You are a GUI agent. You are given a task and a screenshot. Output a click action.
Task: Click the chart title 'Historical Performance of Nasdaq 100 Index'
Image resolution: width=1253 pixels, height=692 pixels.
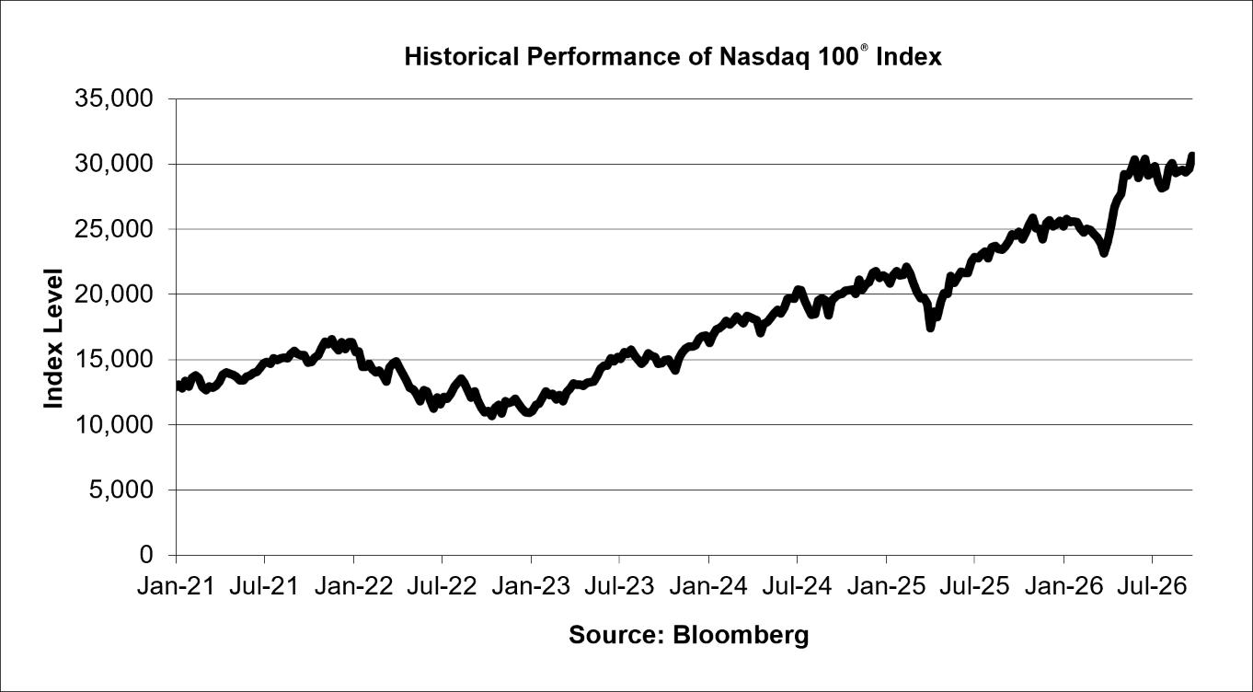[x=672, y=57]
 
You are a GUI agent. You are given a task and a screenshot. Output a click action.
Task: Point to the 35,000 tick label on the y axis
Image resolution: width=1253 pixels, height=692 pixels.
[x=114, y=98]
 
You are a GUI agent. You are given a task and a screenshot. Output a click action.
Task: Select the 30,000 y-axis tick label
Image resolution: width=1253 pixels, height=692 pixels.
[x=114, y=164]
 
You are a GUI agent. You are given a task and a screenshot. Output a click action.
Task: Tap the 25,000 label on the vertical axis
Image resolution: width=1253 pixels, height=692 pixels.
[x=114, y=229]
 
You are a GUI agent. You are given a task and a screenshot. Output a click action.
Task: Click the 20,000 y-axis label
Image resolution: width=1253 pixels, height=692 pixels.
[x=114, y=294]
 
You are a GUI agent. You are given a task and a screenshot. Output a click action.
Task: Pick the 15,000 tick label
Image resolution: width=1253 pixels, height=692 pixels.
[x=114, y=359]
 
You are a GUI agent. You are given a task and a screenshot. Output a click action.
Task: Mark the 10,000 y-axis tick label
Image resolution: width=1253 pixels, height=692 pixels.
[x=114, y=424]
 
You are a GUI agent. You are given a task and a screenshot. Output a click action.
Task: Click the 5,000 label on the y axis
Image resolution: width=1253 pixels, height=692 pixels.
[x=121, y=490]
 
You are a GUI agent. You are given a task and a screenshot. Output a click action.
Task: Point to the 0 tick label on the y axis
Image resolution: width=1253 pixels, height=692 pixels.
[x=146, y=554]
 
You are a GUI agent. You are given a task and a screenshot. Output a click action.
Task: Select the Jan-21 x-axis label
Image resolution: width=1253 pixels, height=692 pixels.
[x=177, y=586]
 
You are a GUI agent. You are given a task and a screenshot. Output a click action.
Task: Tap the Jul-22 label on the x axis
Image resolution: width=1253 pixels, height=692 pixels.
[x=442, y=586]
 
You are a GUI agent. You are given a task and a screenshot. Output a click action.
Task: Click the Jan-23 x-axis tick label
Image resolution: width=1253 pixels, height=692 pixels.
[x=531, y=586]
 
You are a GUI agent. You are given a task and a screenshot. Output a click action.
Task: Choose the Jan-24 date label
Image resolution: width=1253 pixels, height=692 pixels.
[x=708, y=586]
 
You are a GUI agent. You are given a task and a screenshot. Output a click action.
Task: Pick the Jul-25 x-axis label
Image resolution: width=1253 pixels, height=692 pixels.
[x=974, y=586]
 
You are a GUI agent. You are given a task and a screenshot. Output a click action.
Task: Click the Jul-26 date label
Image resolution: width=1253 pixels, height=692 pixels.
[x=1152, y=586]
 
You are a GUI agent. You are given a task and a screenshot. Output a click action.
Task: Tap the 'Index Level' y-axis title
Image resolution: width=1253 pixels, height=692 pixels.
[x=53, y=339]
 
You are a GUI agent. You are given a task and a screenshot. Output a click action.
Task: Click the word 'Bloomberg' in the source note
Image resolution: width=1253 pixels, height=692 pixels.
[x=741, y=636]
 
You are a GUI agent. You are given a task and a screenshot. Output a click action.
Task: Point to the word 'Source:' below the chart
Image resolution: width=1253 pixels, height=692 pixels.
[x=617, y=635]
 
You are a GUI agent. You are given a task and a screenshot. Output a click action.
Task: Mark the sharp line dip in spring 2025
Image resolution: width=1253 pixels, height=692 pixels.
[x=930, y=328]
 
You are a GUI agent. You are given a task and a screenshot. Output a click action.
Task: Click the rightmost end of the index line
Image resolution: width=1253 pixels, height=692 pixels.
[x=1191, y=155]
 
